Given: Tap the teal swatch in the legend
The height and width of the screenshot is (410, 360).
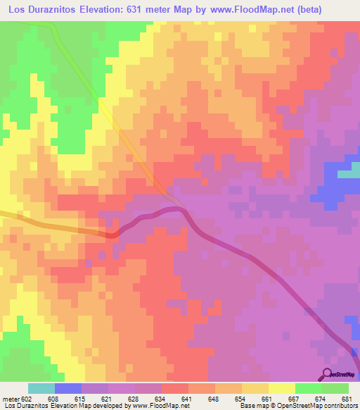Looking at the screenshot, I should (41, 388).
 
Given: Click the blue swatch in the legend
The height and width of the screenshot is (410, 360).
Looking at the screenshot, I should (68, 388).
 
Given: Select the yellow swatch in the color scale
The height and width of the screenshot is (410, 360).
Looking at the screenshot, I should (281, 388).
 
